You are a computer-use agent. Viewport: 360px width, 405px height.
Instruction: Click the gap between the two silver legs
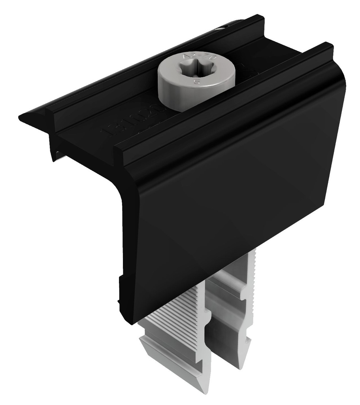(213, 356)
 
